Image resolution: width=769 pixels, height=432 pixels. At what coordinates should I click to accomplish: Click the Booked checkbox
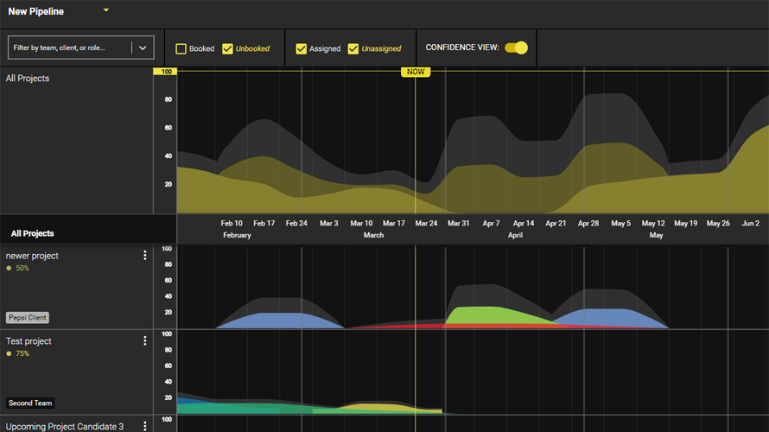[x=181, y=49]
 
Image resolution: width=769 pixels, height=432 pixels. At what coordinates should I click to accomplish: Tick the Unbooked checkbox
[x=228, y=49]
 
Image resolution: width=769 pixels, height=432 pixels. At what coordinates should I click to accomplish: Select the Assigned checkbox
[x=302, y=49]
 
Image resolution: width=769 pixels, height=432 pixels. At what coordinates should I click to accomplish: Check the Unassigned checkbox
[x=353, y=49]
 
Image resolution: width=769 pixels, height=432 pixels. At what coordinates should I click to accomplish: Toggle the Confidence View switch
[x=516, y=48]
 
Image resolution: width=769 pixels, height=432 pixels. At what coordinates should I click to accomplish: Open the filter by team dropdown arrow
[x=143, y=48]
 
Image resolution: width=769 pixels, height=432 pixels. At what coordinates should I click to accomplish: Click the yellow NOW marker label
[x=416, y=72]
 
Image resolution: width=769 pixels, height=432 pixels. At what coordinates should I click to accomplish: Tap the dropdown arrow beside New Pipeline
[x=106, y=10]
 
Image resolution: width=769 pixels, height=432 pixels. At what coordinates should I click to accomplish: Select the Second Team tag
[x=30, y=403]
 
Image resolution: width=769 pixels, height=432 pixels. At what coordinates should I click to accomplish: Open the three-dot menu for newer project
[x=145, y=256]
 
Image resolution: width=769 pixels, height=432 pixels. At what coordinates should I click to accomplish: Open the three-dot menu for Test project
[x=145, y=341]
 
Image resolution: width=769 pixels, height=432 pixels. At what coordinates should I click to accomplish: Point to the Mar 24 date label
[x=426, y=224]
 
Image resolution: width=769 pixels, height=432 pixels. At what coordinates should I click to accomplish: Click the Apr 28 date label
[x=588, y=224]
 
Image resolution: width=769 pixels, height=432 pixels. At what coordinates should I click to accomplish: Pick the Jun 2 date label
[x=751, y=224]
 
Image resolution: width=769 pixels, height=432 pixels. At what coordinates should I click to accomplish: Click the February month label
[x=237, y=235]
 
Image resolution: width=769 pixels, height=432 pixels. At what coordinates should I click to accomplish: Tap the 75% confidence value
[x=22, y=353]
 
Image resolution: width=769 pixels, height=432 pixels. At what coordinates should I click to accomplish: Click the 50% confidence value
[x=22, y=268]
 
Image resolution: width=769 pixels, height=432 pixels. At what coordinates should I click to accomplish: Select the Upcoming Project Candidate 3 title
[x=65, y=427]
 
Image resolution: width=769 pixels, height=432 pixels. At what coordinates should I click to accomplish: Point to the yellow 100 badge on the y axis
[x=165, y=72]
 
